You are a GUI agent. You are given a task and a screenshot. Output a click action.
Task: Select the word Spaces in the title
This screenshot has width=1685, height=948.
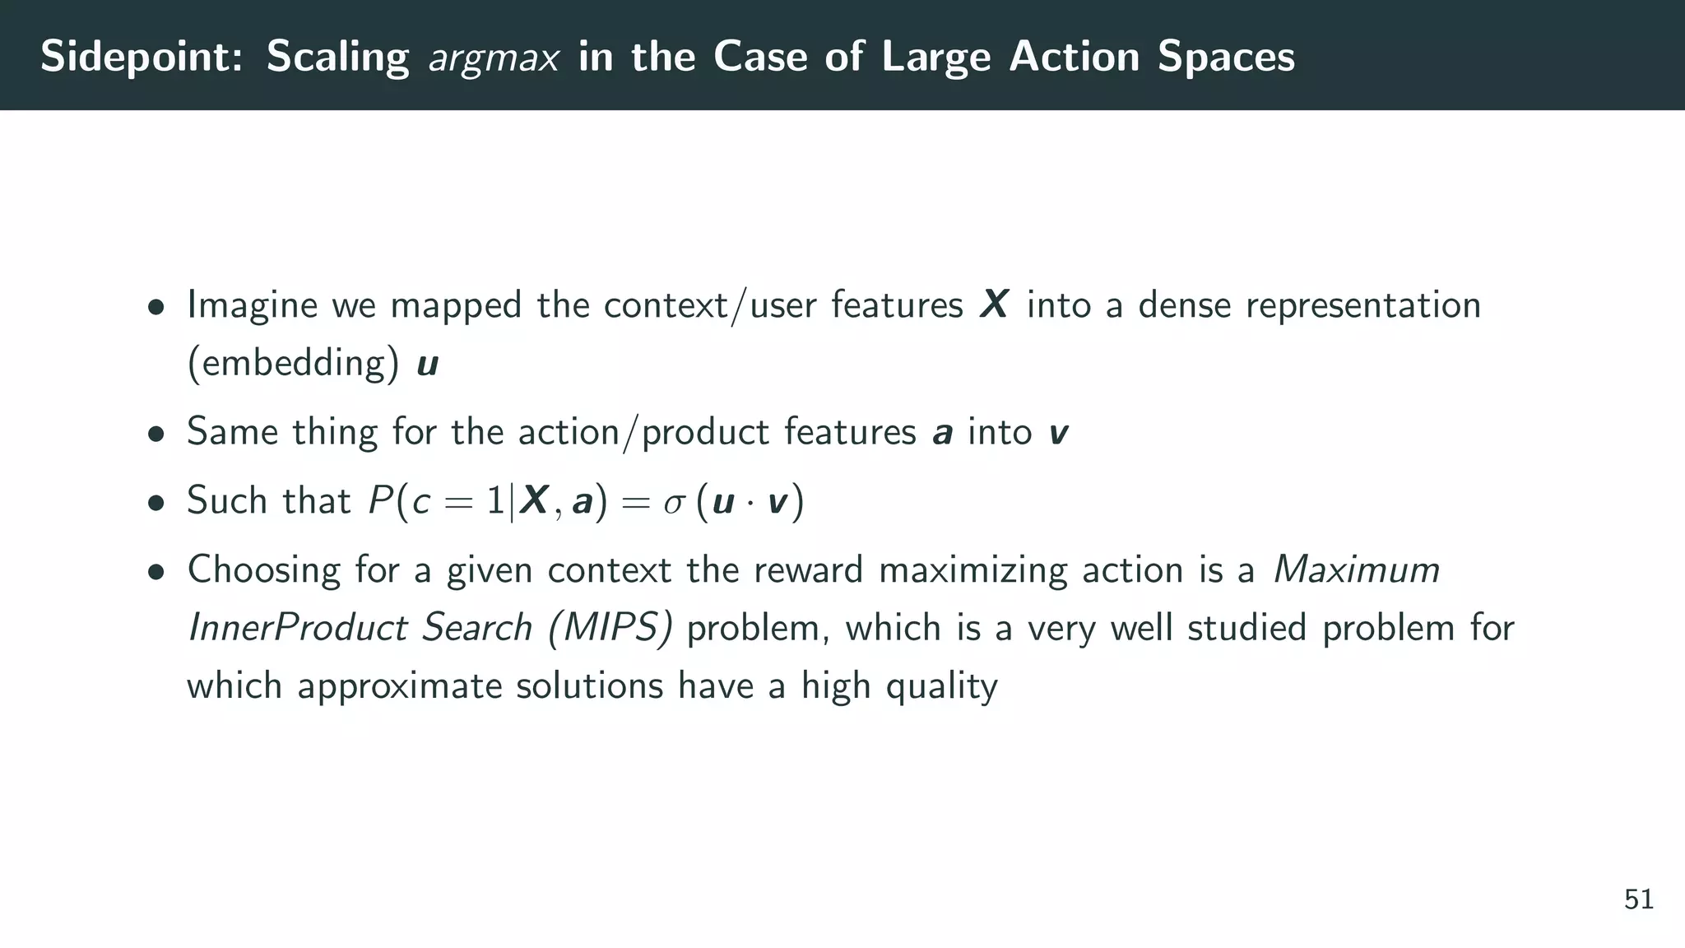click(1226, 57)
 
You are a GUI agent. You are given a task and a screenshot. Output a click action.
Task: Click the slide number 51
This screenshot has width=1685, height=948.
click(1639, 899)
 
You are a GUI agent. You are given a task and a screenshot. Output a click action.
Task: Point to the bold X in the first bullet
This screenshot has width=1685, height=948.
click(994, 304)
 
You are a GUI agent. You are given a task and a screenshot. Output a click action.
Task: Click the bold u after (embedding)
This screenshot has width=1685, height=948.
click(428, 364)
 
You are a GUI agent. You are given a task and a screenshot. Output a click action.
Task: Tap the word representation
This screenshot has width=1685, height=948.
click(1363, 305)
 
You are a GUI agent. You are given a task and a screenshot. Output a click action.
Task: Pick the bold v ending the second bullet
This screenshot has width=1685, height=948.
click(1059, 433)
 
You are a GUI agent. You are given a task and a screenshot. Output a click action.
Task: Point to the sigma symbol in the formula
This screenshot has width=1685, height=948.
click(674, 502)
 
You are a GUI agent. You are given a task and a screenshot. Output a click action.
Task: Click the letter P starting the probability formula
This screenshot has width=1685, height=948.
click(380, 500)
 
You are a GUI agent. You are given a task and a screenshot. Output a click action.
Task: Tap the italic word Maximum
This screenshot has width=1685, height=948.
click(1356, 569)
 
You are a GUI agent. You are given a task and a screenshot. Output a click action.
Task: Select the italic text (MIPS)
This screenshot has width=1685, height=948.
click(610, 628)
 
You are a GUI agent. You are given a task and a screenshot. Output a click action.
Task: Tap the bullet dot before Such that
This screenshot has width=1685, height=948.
click(156, 503)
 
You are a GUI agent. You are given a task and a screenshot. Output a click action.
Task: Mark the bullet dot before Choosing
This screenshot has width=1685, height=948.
click(156, 572)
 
